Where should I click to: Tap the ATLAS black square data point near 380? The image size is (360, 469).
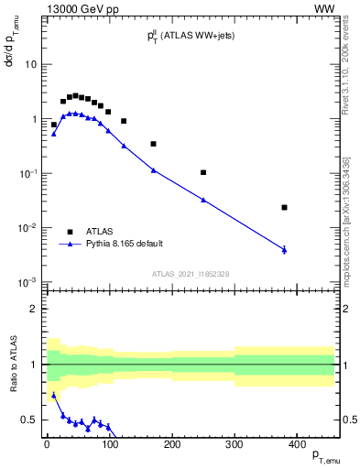(x=284, y=207)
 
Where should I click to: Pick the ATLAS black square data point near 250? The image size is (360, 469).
(x=203, y=172)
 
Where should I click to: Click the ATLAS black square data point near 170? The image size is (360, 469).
(x=153, y=144)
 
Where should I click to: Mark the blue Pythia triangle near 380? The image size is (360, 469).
(x=284, y=249)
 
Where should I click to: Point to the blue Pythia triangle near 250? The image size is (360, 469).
(x=203, y=200)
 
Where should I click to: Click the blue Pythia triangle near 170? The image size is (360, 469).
(x=153, y=169)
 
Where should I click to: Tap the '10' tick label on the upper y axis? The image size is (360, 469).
(x=30, y=65)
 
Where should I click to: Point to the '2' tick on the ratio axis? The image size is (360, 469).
(x=34, y=309)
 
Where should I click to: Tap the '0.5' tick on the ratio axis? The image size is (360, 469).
(x=29, y=420)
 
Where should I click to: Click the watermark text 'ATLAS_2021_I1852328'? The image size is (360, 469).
(x=190, y=275)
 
